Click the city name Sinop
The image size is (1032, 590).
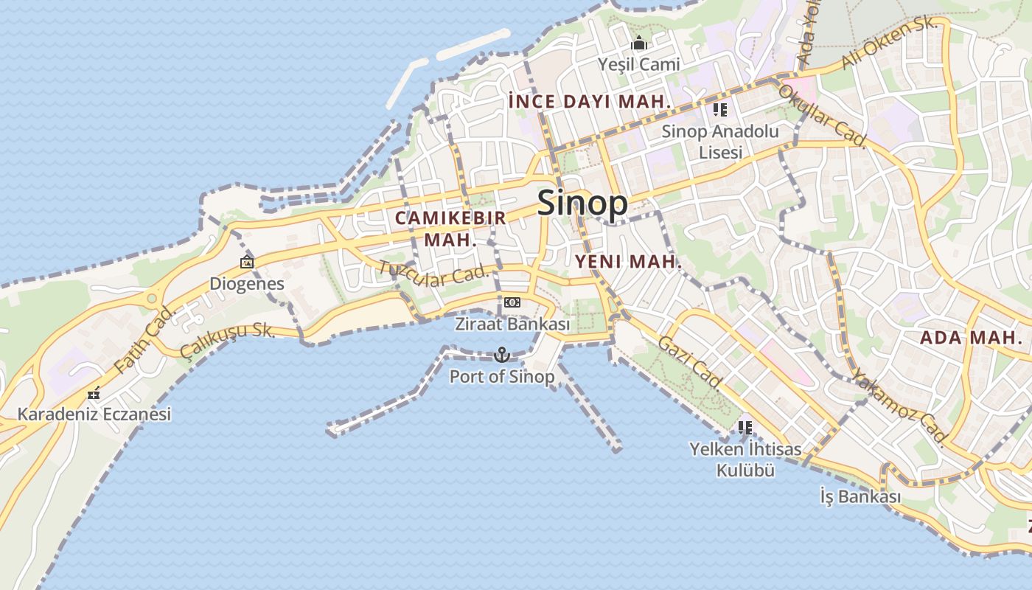(582, 203)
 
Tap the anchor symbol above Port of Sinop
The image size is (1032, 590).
(502, 355)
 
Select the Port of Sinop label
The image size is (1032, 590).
(502, 376)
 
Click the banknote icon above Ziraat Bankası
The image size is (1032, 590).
(512, 302)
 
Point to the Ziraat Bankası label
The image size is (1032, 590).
(512, 324)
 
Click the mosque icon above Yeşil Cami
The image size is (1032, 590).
(639, 44)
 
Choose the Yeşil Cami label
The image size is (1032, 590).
(639, 65)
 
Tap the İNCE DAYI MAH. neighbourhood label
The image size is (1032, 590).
(590, 102)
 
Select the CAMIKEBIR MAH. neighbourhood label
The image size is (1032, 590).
(450, 229)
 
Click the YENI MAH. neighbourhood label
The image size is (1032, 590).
(628, 262)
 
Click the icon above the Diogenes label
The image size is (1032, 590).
(247, 262)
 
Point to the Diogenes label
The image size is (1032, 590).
(247, 284)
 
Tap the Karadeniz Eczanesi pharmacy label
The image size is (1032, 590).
(94, 414)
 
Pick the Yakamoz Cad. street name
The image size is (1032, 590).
(899, 408)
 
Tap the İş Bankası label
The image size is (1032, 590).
(860, 497)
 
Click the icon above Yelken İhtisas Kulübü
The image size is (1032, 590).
(745, 427)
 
